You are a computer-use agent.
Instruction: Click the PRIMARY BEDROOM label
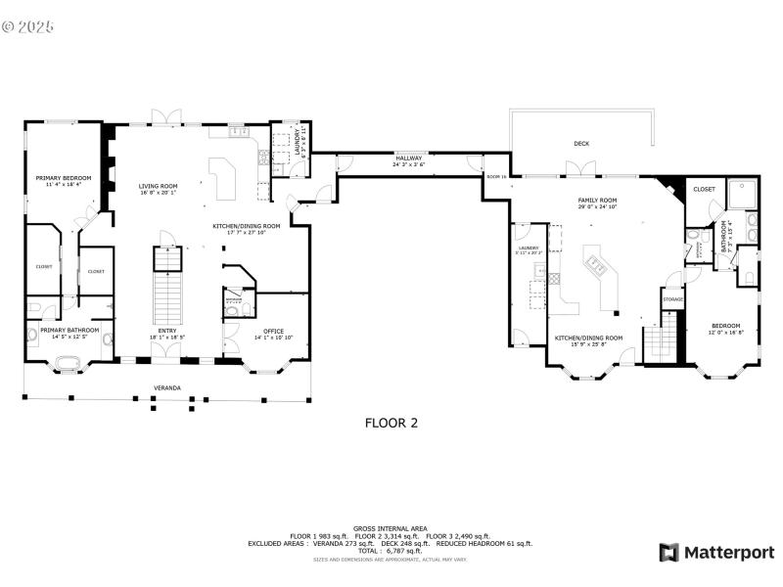click(x=63, y=178)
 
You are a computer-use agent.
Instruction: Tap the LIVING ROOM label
click(x=157, y=185)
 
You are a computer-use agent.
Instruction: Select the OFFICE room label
click(x=273, y=331)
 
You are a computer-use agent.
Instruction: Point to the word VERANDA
click(x=166, y=388)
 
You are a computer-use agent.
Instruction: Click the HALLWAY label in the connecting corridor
click(x=408, y=158)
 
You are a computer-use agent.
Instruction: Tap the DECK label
click(x=581, y=144)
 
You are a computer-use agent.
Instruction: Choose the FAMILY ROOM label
click(x=597, y=200)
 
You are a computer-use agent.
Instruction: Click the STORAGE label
click(x=672, y=298)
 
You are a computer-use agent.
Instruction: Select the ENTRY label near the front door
click(x=167, y=331)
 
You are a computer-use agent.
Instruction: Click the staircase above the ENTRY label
click(x=166, y=284)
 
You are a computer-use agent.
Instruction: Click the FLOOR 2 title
click(x=391, y=424)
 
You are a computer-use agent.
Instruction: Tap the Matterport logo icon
click(x=669, y=552)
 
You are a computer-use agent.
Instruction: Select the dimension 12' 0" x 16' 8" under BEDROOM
click(x=725, y=333)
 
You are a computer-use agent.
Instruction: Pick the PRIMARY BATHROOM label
click(x=69, y=331)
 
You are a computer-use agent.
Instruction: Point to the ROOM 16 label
click(x=495, y=176)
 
